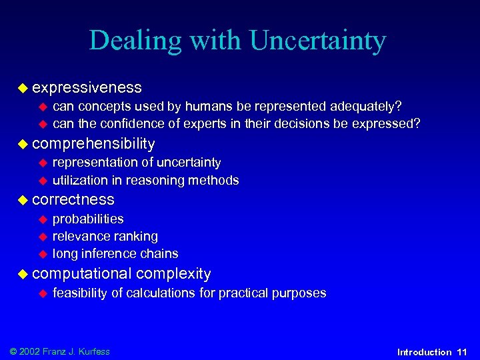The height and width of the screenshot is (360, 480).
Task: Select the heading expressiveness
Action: pos(87,87)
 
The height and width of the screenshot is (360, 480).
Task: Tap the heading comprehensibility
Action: pos(93,143)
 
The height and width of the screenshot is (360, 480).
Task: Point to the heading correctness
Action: pos(73,199)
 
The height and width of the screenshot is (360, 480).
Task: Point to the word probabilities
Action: pos(88,219)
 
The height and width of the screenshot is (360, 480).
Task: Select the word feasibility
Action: pos(79,293)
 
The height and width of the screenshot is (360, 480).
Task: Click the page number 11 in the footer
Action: pos(462,352)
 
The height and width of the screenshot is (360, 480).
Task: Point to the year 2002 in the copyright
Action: pos(31,351)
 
